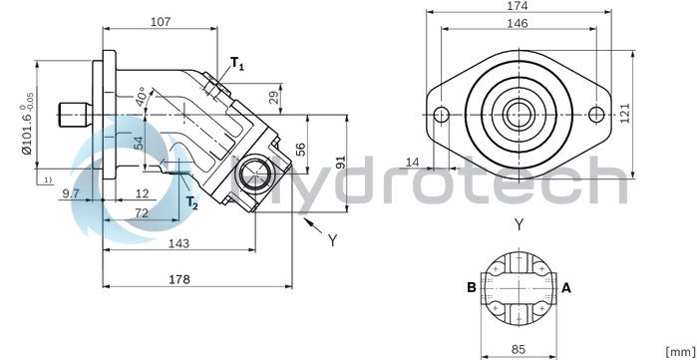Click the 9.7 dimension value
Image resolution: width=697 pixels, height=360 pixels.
(x=71, y=192)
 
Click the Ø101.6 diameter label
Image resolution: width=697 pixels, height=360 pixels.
(x=23, y=127)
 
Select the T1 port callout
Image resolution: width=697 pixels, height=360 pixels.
(x=236, y=64)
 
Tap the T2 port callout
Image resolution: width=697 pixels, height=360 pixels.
(x=191, y=203)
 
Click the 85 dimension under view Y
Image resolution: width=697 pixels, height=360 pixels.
(x=518, y=349)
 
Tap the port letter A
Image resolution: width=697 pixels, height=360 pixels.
(x=567, y=288)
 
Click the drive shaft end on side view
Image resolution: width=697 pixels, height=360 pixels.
(x=71, y=113)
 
